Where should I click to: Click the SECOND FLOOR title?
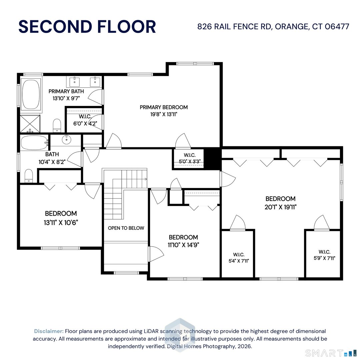click(87, 27)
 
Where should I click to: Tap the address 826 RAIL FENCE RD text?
click(234, 27)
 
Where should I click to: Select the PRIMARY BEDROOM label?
click(164, 107)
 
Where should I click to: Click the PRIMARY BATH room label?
click(66, 91)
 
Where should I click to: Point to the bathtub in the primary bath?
click(31, 94)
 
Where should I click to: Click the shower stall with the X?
click(30, 124)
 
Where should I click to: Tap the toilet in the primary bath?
click(57, 125)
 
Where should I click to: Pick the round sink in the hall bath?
click(67, 139)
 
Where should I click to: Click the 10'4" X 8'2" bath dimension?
click(52, 162)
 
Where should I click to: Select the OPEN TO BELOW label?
click(126, 228)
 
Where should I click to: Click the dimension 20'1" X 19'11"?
click(280, 207)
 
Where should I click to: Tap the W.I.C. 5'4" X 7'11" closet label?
click(239, 258)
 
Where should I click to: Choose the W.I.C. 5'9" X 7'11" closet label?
click(324, 255)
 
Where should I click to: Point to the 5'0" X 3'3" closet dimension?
click(190, 161)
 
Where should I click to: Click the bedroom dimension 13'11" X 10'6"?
click(61, 222)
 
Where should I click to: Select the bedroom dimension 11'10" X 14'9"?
click(183, 245)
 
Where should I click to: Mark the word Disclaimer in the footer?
click(49, 331)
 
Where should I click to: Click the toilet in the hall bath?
click(29, 176)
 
